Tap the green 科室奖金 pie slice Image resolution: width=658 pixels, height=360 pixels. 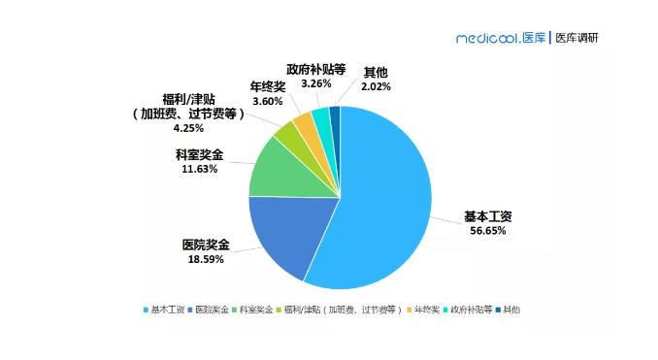(x=277, y=170)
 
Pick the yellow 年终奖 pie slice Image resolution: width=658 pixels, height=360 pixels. (x=304, y=124)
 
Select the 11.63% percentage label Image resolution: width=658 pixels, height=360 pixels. (x=198, y=168)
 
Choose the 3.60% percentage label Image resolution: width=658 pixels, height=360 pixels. (x=267, y=101)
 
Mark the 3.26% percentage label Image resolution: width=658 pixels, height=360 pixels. (x=316, y=85)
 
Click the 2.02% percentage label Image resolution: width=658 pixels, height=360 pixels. (x=377, y=85)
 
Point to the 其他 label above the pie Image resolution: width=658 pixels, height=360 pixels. (x=377, y=72)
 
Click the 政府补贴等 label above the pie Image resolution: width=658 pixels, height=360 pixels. (x=316, y=71)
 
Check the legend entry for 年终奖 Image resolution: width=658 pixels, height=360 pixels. (x=424, y=310)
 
